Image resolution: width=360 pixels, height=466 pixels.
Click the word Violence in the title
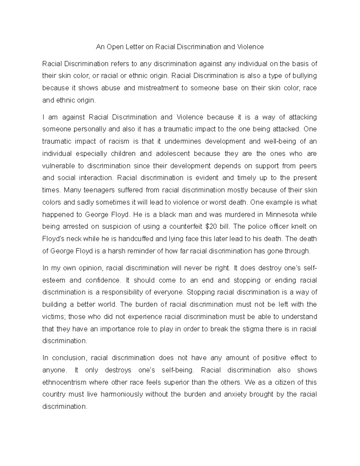click(x=250, y=47)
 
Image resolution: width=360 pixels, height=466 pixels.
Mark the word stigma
click(x=254, y=329)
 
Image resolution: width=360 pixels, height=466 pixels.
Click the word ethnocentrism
click(x=64, y=382)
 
